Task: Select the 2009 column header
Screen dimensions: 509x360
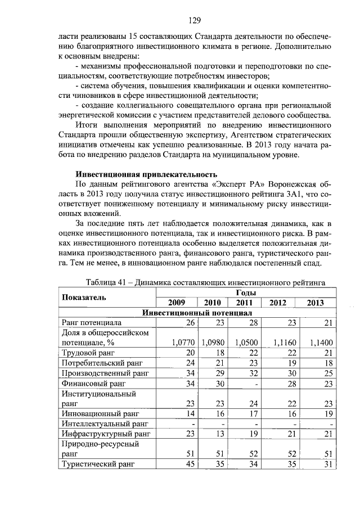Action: [177, 303]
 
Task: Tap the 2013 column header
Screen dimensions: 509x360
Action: [316, 303]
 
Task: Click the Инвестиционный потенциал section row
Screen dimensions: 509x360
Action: [197, 312]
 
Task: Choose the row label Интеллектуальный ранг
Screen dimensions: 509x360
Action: [105, 423]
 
